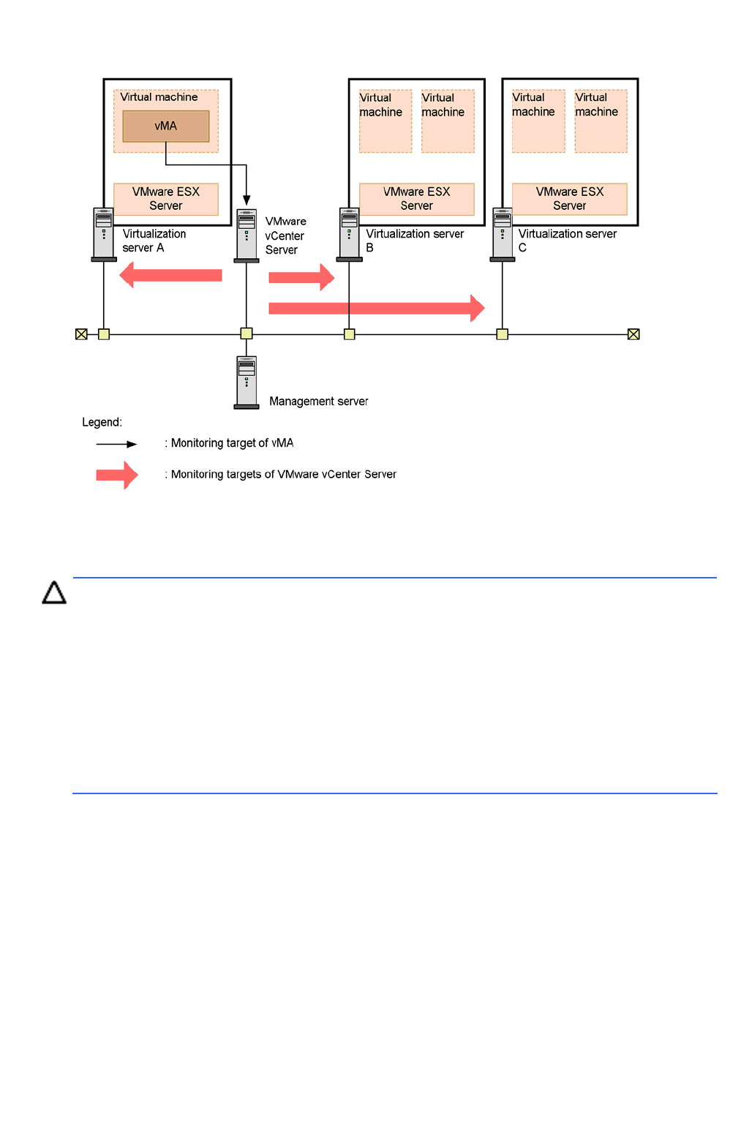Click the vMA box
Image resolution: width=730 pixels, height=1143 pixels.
click(165, 126)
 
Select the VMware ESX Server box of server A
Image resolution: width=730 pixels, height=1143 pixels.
click(166, 199)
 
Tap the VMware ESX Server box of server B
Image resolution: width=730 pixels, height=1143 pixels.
click(416, 199)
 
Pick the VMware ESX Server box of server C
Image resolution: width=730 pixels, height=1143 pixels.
click(570, 199)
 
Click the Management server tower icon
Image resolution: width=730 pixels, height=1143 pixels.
click(247, 382)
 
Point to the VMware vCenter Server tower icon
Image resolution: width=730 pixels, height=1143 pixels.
click(247, 235)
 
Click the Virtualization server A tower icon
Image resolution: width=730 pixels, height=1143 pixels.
click(104, 235)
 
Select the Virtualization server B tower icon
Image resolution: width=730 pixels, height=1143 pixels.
click(349, 235)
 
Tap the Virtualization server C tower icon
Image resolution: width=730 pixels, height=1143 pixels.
click(503, 235)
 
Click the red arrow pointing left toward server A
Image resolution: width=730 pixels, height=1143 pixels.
click(170, 275)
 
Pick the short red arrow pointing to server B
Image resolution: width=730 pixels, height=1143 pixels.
click(301, 277)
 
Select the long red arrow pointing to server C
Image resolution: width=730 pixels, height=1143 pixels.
click(376, 308)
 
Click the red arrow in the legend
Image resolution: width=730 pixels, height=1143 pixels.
click(117, 475)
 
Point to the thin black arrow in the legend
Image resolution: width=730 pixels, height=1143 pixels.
click(116, 444)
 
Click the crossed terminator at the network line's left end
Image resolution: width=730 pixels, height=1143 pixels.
click(81, 334)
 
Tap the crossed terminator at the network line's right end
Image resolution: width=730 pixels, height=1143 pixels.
click(633, 334)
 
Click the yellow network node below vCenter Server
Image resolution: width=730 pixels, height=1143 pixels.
click(247, 333)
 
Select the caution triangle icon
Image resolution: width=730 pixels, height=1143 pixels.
click(54, 592)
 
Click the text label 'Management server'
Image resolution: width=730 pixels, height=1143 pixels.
click(318, 401)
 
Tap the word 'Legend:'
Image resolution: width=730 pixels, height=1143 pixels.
click(102, 422)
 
